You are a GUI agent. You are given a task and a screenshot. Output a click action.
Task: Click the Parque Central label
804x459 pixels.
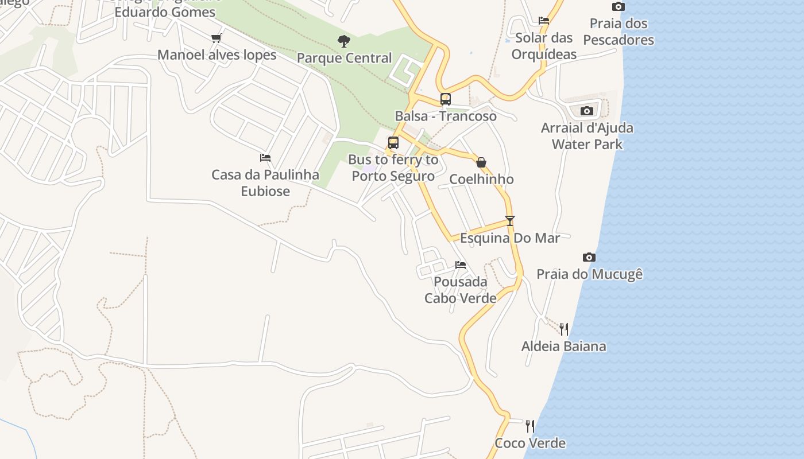344,58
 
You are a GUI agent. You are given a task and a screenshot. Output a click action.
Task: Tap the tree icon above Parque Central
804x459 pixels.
344,41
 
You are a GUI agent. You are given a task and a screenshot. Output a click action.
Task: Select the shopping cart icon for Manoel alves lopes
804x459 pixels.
217,38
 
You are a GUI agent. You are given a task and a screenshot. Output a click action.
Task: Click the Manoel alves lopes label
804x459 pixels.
217,55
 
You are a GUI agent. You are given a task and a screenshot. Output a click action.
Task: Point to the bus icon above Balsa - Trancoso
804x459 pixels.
445,99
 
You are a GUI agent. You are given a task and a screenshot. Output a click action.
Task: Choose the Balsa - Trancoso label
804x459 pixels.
446,116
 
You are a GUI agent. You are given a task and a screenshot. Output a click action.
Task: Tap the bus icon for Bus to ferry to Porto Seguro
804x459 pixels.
393,142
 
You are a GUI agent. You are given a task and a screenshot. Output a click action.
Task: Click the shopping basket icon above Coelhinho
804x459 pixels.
481,162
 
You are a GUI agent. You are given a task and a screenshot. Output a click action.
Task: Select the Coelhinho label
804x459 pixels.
481,179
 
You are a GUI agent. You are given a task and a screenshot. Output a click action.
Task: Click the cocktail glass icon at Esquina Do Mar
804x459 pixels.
509,220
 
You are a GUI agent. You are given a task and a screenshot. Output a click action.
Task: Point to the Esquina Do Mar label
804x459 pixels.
510,238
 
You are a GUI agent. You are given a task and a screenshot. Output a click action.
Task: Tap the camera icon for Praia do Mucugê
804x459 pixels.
589,257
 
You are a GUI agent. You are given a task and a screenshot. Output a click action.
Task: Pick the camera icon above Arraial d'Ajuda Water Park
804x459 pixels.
586,111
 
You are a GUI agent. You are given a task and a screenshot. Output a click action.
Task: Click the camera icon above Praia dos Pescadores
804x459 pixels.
618,7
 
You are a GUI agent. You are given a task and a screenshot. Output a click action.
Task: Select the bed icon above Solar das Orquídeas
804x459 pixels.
544,21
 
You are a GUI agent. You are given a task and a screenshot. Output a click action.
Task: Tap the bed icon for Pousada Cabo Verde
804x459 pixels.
461,264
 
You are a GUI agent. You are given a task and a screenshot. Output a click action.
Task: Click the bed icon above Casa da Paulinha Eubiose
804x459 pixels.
265,157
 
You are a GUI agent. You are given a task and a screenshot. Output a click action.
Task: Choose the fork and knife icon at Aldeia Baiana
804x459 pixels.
564,329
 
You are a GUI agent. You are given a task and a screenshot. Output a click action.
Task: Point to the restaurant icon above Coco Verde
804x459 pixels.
530,426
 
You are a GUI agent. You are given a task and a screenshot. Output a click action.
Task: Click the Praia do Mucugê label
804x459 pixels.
589,274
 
